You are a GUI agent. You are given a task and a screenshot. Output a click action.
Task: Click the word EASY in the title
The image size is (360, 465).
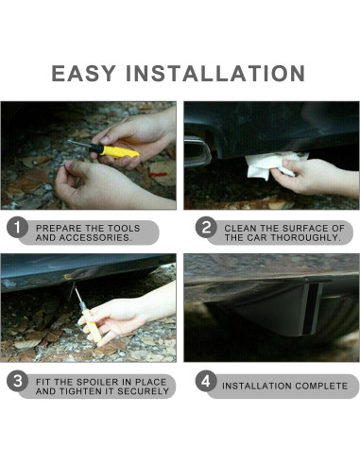[x=85, y=74]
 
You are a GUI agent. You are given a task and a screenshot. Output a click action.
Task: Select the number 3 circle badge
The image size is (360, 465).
[x=17, y=384]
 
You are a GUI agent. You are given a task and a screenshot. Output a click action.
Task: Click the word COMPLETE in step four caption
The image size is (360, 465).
[x=317, y=386]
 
